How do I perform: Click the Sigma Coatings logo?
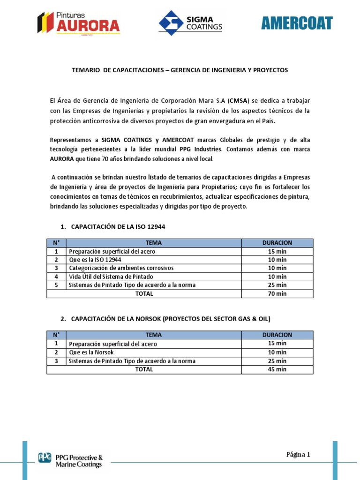point(191,23)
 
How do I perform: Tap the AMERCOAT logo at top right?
point(297,23)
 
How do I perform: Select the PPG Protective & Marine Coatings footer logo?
point(70,461)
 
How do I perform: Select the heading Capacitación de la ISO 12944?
point(118,227)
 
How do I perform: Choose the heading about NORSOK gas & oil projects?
point(171,319)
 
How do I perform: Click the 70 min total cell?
point(277,294)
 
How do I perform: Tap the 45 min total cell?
point(277,369)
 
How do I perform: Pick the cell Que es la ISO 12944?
point(95,260)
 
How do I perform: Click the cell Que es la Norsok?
point(91,352)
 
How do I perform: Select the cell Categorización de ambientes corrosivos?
point(121,268)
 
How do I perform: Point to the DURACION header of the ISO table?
point(277,243)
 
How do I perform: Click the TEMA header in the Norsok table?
point(153,335)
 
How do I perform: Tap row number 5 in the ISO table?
point(56,285)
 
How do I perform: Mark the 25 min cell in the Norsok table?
point(277,361)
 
